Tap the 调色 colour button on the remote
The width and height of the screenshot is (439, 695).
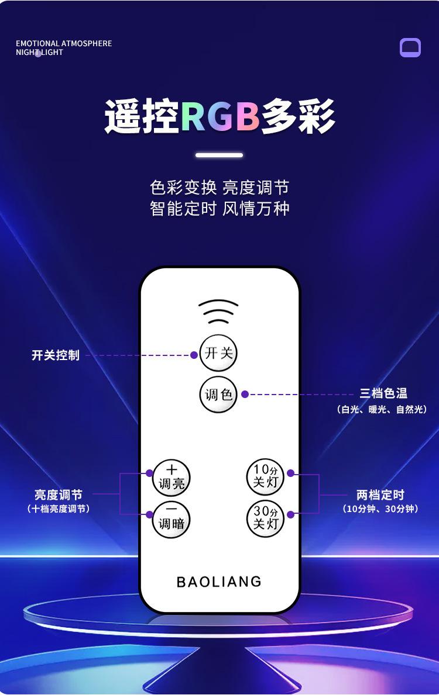click(x=218, y=395)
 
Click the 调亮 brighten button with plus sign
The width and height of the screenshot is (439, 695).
click(x=172, y=477)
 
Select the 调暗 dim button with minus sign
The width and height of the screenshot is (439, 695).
click(x=172, y=518)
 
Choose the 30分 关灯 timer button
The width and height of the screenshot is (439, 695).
click(x=265, y=518)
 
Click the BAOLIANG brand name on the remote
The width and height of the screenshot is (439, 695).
click(x=219, y=582)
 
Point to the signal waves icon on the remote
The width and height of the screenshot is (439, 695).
click(x=218, y=312)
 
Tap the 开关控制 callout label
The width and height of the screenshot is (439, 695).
click(x=55, y=355)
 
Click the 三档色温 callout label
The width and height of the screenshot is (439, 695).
click(x=383, y=393)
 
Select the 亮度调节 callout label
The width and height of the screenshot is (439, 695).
click(x=59, y=495)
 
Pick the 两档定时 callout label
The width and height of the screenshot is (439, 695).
click(x=380, y=495)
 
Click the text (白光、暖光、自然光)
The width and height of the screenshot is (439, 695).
click(x=382, y=409)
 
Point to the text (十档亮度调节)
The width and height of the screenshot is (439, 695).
click(x=59, y=509)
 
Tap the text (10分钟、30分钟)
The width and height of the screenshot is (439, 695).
click(x=380, y=509)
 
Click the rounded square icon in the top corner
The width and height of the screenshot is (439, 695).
click(x=410, y=47)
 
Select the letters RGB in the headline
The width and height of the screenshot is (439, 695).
click(x=220, y=116)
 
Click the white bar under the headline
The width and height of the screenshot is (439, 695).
click(x=219, y=155)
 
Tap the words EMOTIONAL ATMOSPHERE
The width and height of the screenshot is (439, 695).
click(x=64, y=43)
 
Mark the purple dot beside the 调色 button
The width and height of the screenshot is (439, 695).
click(x=245, y=395)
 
